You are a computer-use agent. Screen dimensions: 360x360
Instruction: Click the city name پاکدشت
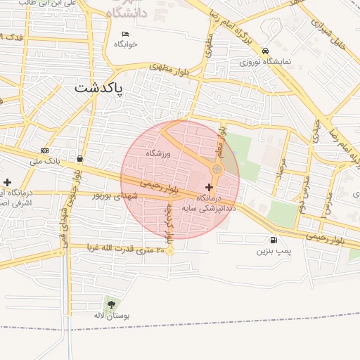point(98,89)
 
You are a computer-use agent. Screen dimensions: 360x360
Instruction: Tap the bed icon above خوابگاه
point(126,34)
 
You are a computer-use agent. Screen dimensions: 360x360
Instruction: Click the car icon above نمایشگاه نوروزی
point(264,51)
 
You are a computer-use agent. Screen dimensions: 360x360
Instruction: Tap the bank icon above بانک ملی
point(45,150)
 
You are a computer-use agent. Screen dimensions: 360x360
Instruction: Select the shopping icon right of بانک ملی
point(79,158)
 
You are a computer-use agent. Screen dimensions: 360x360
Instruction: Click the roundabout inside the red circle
point(217,169)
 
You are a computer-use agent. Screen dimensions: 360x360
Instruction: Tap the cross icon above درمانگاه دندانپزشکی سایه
point(209,187)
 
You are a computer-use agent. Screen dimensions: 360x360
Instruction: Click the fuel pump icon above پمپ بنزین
point(274,240)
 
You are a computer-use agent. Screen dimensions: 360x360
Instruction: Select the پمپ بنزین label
point(273,250)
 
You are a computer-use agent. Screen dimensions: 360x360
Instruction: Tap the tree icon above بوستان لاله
point(110,304)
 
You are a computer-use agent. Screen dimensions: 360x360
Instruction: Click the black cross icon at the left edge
point(8,182)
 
